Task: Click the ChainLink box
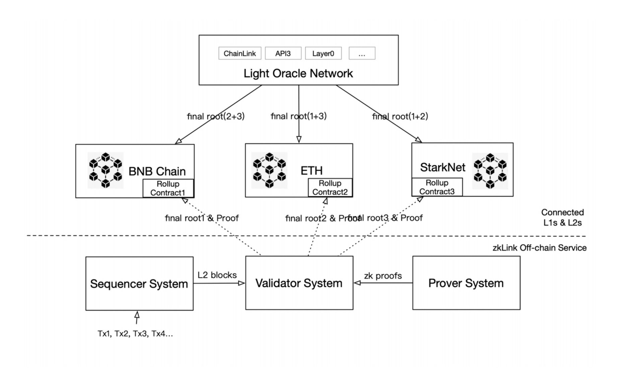[240, 53]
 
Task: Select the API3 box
[283, 53]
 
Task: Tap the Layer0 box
[323, 53]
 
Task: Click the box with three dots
[362, 53]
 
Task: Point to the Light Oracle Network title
[298, 73]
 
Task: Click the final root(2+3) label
[216, 116]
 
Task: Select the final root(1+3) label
[298, 116]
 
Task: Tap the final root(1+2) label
[400, 116]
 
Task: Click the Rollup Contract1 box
[168, 188]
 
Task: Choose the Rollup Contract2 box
[330, 188]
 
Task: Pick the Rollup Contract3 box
[437, 187]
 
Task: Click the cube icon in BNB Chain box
[105, 170]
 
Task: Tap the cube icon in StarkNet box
[490, 171]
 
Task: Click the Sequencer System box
[139, 284]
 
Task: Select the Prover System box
[466, 283]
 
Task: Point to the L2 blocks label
[217, 275]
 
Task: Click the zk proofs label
[383, 276]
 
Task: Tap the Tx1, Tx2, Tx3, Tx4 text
[135, 334]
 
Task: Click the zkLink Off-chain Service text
[539, 248]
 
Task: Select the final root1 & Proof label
[202, 218]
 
